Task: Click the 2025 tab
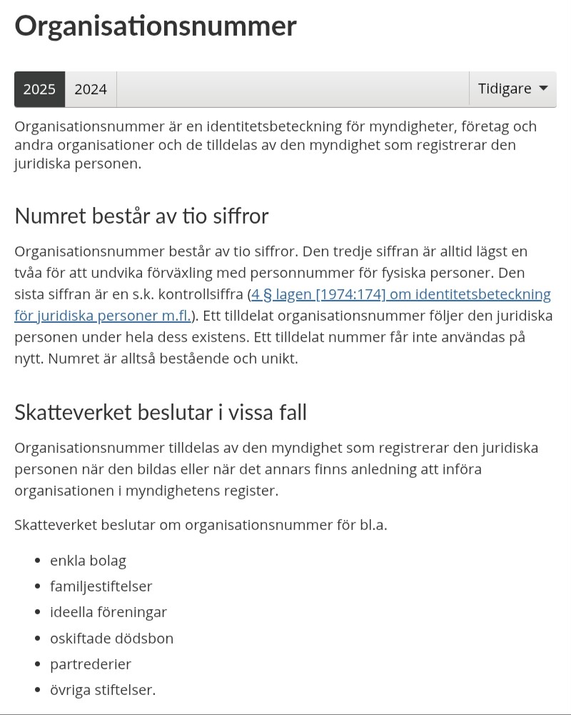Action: (x=39, y=89)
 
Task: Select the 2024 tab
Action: (x=91, y=89)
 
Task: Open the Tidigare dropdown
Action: (x=512, y=89)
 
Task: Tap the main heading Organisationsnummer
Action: (x=155, y=26)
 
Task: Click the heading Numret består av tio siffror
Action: (x=141, y=216)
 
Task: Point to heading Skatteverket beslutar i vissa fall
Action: (x=161, y=412)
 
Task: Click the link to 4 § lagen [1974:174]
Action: (x=400, y=294)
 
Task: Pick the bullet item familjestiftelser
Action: (x=101, y=586)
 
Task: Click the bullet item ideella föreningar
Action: (x=108, y=612)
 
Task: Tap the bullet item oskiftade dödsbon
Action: (x=111, y=638)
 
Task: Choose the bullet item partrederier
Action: (x=91, y=664)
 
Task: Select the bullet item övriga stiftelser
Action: (x=103, y=689)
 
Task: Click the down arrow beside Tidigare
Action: (x=543, y=89)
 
